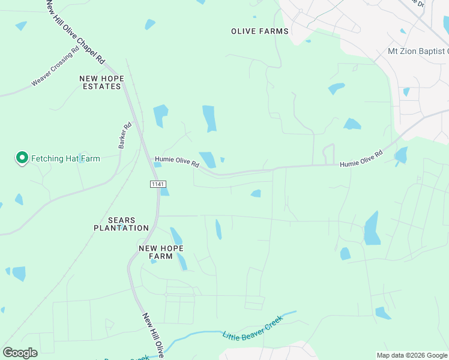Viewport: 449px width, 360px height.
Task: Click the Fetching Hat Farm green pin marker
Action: (22, 158)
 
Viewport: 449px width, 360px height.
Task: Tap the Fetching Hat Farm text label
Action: (65, 159)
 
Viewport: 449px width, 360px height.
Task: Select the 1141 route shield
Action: (157, 184)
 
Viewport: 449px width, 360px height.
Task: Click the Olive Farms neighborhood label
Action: (260, 31)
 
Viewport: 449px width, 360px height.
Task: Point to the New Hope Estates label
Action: (101, 83)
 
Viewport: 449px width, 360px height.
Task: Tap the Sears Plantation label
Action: (121, 224)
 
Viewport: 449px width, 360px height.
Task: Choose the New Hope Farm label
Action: (161, 252)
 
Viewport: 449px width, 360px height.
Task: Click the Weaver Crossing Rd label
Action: (55, 67)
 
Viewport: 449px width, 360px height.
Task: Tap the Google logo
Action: (20, 353)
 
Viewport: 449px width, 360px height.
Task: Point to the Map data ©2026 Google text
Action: (411, 355)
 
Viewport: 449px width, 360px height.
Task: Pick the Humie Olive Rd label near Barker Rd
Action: (176, 161)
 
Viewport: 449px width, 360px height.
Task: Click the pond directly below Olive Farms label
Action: (209, 118)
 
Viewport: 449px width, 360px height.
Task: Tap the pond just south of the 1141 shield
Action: (164, 192)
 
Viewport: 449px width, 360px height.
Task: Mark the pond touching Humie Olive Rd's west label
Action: (208, 160)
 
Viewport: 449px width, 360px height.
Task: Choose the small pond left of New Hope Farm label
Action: (153, 261)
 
